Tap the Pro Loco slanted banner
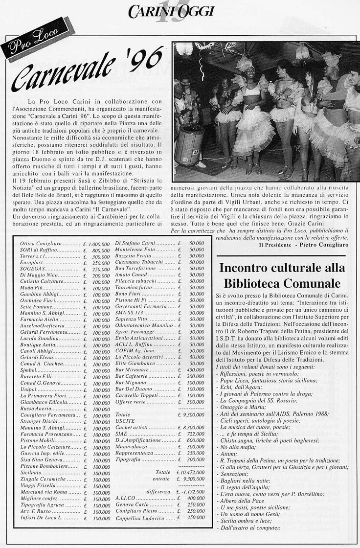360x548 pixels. click(33, 40)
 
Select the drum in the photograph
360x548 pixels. click(189, 144)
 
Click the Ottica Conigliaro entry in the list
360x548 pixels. click(40, 243)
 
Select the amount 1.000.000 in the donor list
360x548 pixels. click(99, 243)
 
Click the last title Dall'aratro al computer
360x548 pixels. click(249, 528)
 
